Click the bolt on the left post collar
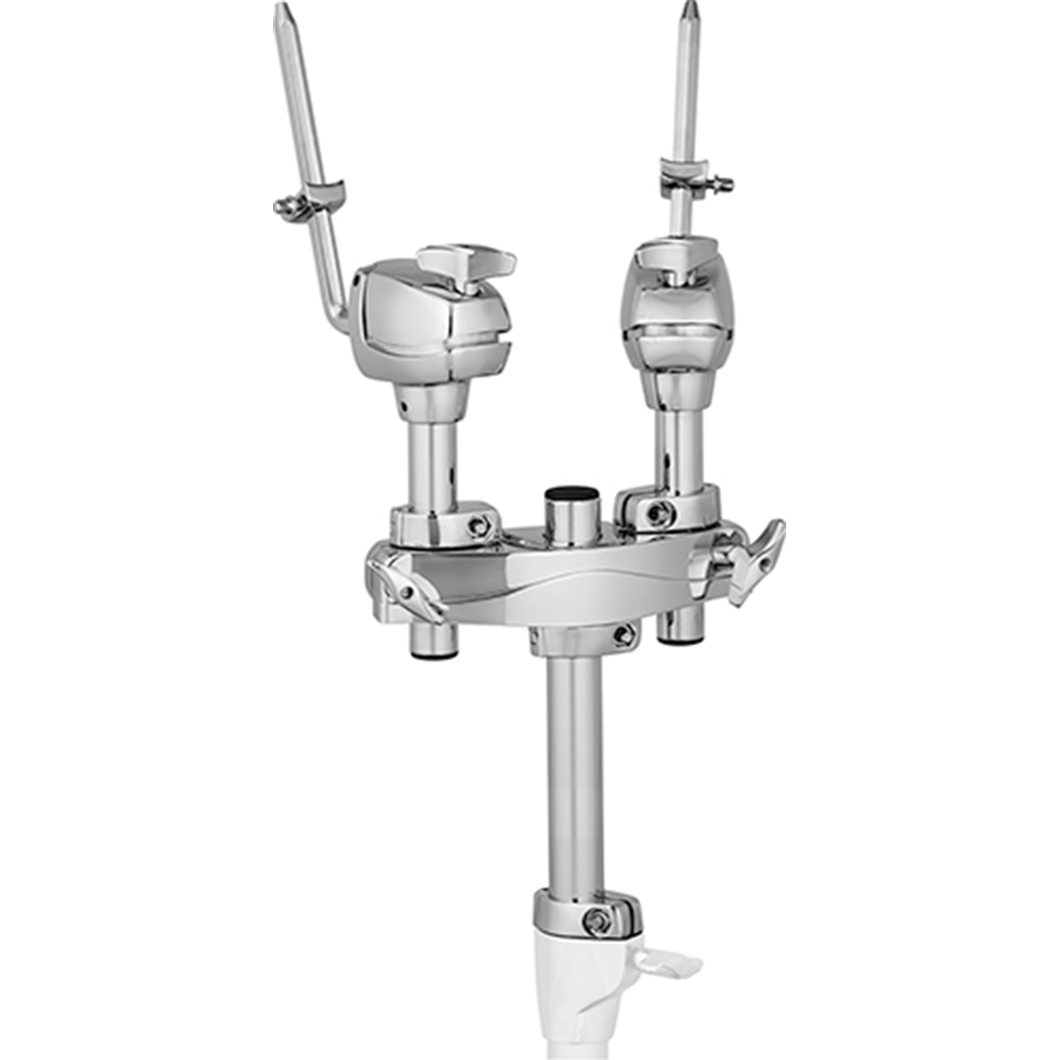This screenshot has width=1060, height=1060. coord(479,526)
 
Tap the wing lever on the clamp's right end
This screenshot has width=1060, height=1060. coord(751,562)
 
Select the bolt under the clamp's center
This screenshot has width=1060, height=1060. coord(624,633)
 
